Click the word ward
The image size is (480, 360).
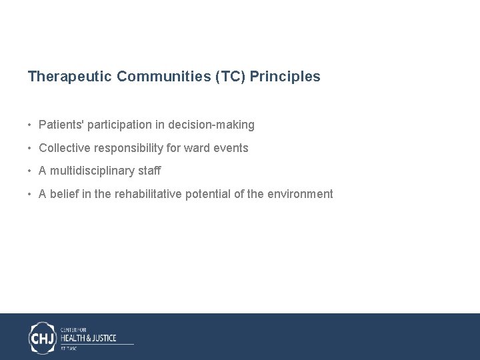(196, 148)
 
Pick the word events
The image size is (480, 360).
(231, 148)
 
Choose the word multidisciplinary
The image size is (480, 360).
(91, 171)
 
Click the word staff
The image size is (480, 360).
(149, 171)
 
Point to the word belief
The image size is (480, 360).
(65, 194)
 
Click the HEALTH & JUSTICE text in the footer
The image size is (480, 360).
(89, 338)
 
